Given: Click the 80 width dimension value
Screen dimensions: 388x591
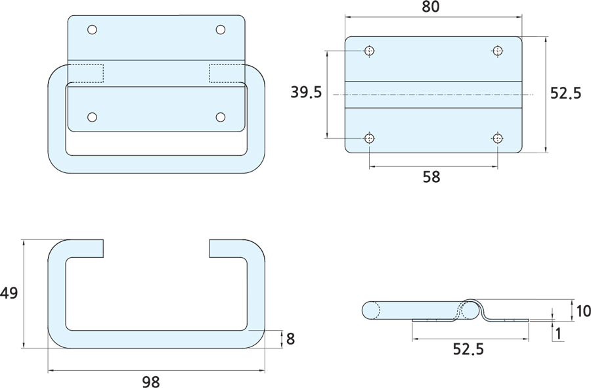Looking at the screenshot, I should click(431, 7).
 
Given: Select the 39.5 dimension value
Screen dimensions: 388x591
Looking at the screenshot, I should click(306, 93).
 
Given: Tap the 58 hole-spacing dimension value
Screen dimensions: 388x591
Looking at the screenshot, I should click(431, 176).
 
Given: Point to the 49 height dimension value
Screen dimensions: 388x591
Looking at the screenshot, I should click(9, 293).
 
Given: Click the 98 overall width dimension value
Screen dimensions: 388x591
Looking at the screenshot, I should click(151, 381).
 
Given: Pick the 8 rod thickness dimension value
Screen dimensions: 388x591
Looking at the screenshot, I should click(290, 339).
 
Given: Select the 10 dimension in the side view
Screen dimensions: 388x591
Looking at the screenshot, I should click(582, 311).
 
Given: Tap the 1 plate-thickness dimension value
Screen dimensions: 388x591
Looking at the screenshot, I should click(558, 334).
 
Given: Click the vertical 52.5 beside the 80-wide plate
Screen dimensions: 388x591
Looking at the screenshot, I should click(565, 93).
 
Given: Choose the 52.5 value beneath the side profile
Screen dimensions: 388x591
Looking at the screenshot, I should click(468, 349).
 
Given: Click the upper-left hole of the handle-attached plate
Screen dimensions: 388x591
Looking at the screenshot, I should click(93, 30).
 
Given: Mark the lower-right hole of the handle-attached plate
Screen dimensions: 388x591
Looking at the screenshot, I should click(221, 117).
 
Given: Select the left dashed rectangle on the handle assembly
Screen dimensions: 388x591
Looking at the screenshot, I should click(85, 73).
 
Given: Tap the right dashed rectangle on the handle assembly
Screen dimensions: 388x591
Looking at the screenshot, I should click(227, 73).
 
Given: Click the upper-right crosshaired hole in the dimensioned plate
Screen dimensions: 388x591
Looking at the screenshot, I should click(497, 51).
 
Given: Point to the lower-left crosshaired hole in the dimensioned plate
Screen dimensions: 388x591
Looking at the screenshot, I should click(370, 138).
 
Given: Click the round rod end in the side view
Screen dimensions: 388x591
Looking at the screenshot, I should click(371, 310).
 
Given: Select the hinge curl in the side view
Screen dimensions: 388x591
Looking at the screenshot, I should click(470, 308).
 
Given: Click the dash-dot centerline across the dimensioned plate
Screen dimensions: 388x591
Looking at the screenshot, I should click(433, 95).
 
